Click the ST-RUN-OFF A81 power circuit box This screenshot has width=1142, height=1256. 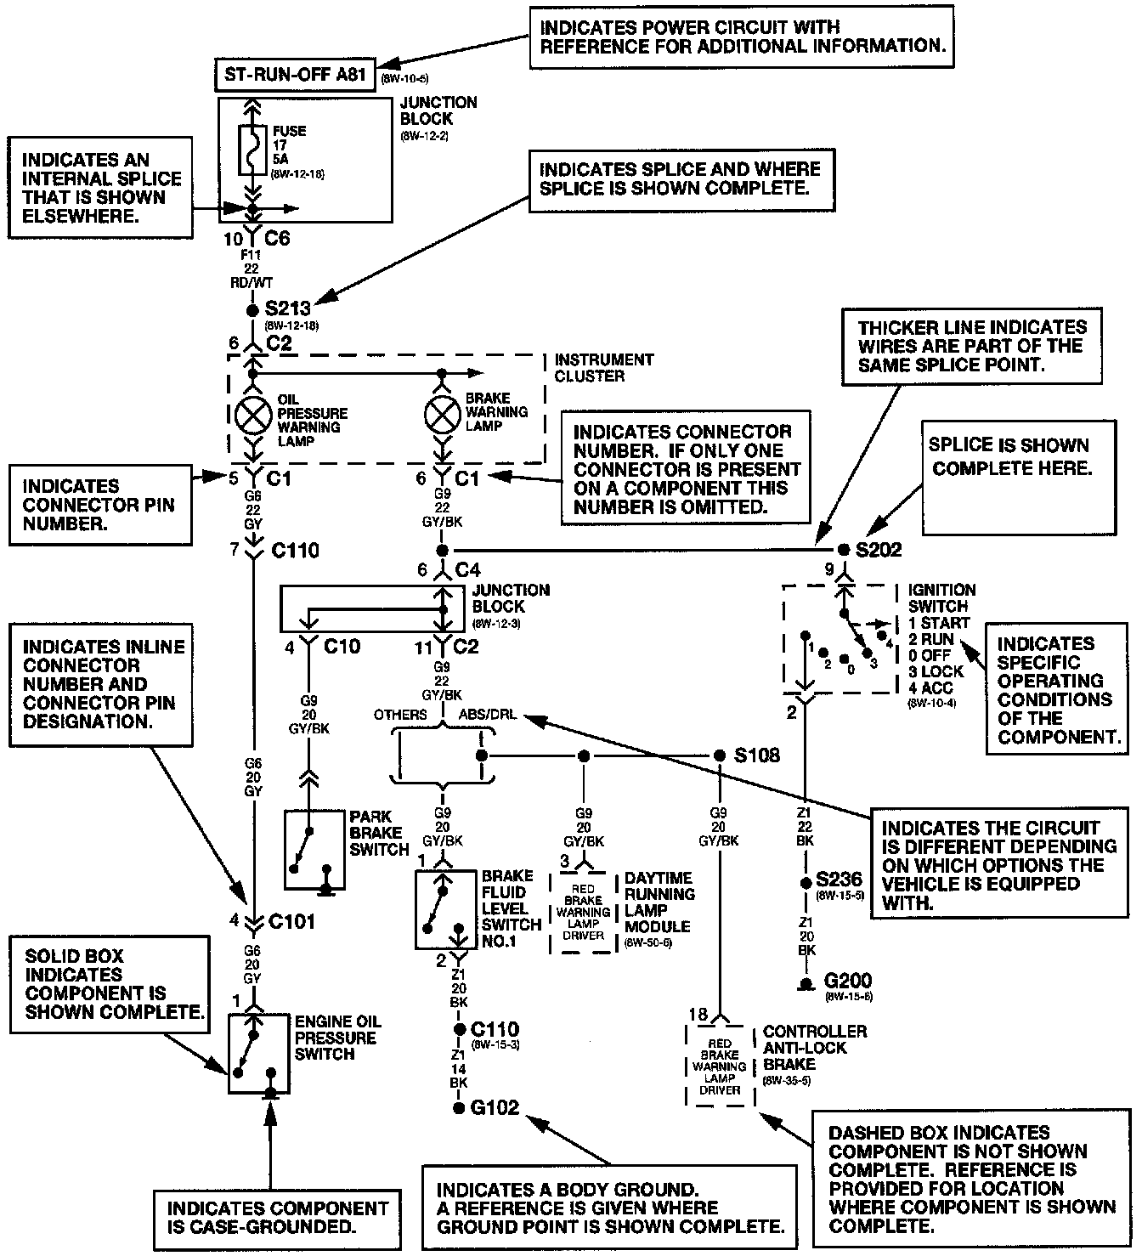(x=295, y=75)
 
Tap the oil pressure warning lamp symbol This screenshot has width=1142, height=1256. (x=252, y=415)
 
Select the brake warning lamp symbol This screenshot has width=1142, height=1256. (x=442, y=415)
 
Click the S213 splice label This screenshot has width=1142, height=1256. (x=288, y=308)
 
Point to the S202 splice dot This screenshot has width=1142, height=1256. (x=844, y=550)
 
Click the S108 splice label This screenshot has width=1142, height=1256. (x=756, y=755)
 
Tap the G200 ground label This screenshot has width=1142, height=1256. (x=848, y=982)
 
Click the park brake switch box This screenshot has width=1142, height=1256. (x=315, y=849)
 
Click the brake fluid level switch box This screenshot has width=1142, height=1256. (x=446, y=909)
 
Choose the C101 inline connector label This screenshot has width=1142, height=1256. (x=291, y=921)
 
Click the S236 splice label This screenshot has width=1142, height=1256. (x=839, y=879)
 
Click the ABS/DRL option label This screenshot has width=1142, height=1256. (x=487, y=716)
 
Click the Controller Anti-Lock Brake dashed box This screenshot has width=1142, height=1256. (x=720, y=1066)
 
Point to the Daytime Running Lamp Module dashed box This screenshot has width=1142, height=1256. (x=583, y=912)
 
